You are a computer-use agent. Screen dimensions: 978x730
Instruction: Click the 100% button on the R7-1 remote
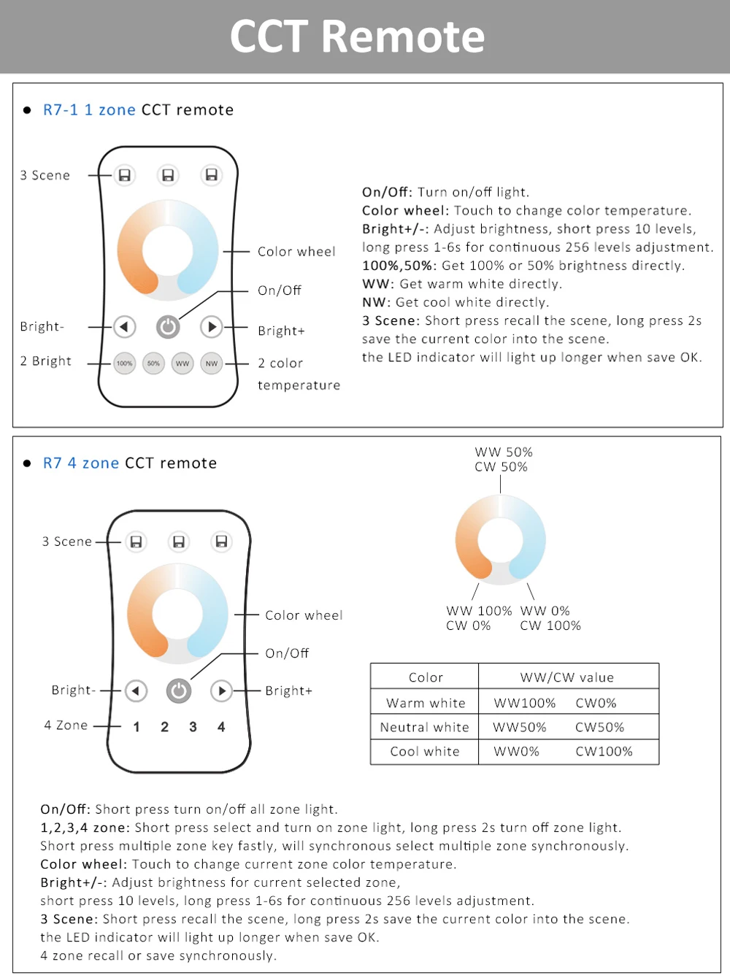coord(125,363)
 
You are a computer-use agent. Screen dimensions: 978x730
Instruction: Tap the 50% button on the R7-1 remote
coord(153,363)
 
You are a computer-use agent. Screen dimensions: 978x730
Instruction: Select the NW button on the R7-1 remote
coord(212,363)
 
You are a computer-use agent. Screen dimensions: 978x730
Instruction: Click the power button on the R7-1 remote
coord(168,327)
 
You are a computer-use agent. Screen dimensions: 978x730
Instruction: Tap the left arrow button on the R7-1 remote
coord(125,326)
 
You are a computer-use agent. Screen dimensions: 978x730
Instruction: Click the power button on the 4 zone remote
coord(179,690)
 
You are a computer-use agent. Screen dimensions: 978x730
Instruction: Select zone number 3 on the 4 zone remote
coord(193,727)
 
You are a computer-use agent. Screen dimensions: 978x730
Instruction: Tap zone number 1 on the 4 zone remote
coord(137,727)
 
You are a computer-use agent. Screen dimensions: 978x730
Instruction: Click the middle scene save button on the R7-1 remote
coord(168,175)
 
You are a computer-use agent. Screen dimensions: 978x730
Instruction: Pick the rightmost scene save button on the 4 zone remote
coord(221,542)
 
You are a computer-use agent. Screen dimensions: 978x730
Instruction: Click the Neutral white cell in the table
coord(424,727)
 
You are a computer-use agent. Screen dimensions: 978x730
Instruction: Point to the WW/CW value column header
coord(567,677)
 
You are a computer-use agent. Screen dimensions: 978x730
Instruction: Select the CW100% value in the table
coord(604,751)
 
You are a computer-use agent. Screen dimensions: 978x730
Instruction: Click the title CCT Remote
coord(358,36)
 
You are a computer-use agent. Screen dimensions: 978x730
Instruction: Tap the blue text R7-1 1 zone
coord(89,110)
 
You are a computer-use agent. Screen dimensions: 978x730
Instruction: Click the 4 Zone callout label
coord(66,725)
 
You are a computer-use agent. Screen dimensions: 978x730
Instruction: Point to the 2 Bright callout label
coord(46,361)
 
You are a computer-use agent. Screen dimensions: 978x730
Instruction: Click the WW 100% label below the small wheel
coord(479,611)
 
